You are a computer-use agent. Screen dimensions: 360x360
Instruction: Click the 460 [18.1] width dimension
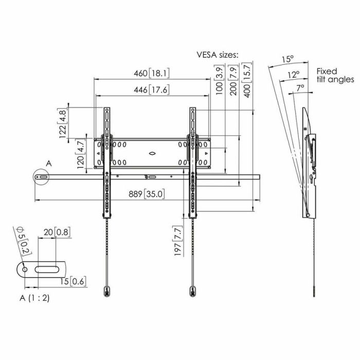pyautogui.click(x=152, y=73)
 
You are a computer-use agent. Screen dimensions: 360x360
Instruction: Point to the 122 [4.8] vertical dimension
pyautogui.click(x=64, y=123)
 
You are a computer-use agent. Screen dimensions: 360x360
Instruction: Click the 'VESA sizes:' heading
pyautogui.click(x=218, y=54)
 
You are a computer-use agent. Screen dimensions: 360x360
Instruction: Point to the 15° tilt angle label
pyautogui.click(x=287, y=59)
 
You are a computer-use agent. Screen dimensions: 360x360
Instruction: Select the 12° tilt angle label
pyautogui.click(x=294, y=74)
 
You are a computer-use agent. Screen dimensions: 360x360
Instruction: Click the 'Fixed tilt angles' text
pyautogui.click(x=335, y=76)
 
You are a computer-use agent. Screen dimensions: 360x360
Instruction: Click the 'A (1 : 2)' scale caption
pyautogui.click(x=35, y=298)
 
